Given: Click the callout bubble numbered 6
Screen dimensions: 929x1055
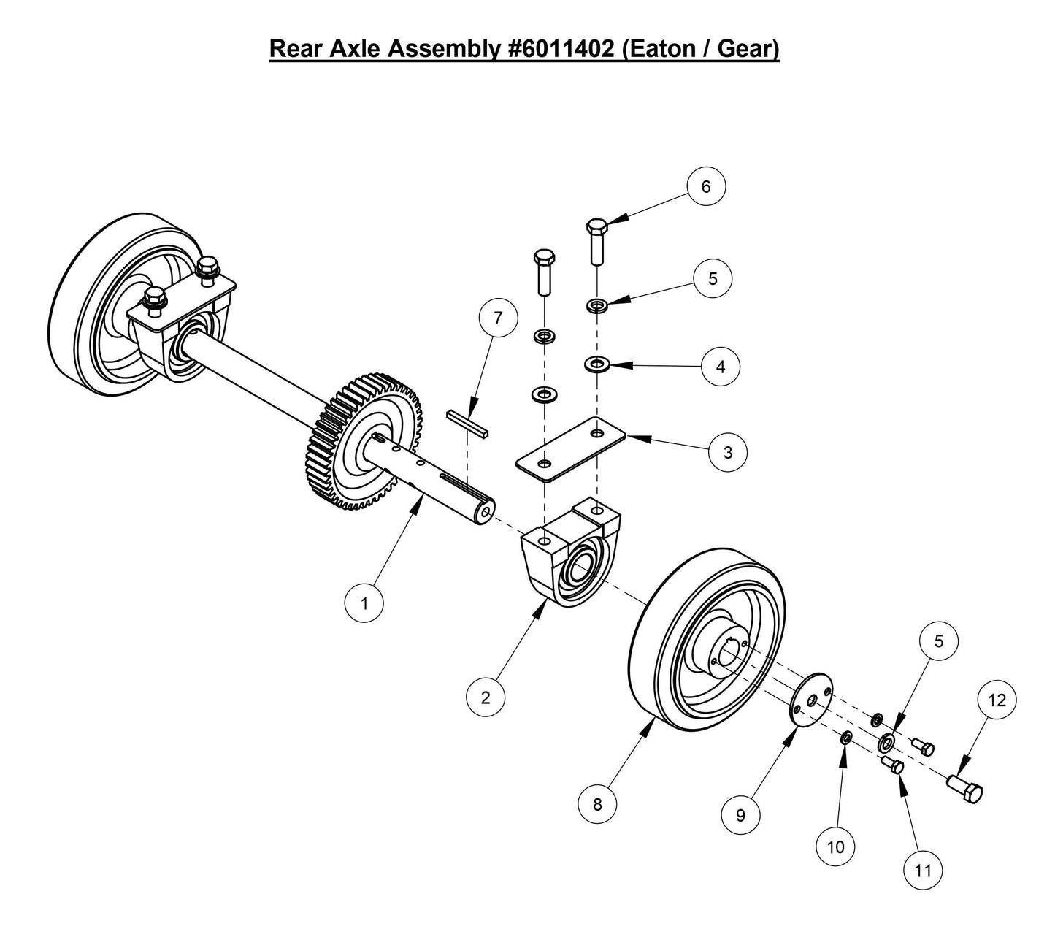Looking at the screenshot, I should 705,187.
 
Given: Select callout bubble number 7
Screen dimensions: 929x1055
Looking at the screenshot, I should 498,319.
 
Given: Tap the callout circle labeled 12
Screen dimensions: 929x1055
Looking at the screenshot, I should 997,700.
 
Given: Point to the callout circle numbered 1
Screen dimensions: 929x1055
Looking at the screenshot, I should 363,603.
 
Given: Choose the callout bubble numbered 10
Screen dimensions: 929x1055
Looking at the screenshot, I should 835,846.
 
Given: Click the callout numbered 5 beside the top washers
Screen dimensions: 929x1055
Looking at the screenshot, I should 713,279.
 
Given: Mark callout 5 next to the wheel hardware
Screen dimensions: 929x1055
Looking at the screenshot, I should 939,641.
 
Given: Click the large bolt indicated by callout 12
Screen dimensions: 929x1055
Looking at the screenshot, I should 965,790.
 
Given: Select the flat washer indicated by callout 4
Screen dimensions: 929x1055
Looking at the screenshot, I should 598,362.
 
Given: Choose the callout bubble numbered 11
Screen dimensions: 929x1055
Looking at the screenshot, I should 923,870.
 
